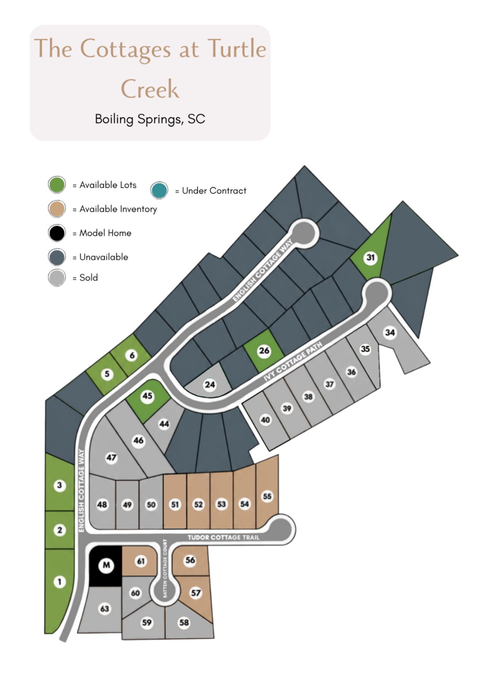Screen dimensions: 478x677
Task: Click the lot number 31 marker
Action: (x=371, y=257)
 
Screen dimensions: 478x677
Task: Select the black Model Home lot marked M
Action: (x=106, y=565)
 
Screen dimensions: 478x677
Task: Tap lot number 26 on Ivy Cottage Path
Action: (x=264, y=351)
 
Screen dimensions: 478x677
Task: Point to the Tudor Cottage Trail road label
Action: (x=223, y=537)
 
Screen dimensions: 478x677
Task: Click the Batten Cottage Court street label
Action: (x=165, y=568)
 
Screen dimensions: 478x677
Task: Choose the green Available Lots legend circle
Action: (x=57, y=185)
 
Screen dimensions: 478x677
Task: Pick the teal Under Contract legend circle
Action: (x=159, y=190)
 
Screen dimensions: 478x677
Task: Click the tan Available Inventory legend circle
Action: (x=57, y=209)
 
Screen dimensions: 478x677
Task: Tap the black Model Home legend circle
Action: (x=57, y=233)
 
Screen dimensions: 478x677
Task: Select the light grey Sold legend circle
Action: (x=57, y=278)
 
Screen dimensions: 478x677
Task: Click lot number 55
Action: (x=267, y=496)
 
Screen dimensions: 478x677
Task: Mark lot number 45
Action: (x=147, y=396)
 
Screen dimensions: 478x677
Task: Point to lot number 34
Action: (x=390, y=333)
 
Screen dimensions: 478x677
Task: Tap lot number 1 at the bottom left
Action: (x=60, y=582)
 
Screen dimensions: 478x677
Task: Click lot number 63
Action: (x=105, y=609)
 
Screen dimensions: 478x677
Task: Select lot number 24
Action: (x=210, y=385)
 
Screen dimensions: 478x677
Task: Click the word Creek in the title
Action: (x=150, y=89)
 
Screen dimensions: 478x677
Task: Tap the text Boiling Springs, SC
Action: (x=150, y=119)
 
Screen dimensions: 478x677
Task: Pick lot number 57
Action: (x=196, y=593)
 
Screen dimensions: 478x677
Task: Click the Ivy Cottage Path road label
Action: (x=293, y=362)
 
